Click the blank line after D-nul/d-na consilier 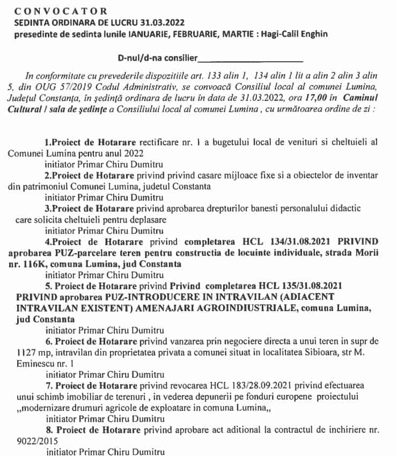click(x=250, y=57)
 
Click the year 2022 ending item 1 click(x=130, y=152)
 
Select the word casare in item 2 click(x=211, y=175)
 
